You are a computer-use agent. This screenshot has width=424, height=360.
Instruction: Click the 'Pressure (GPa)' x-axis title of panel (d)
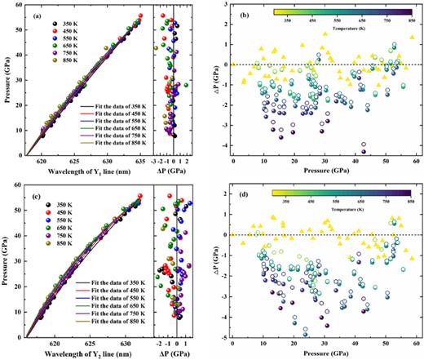(x=324, y=352)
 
